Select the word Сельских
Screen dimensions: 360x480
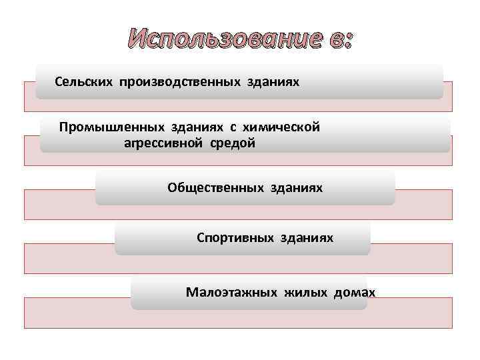pos(85,81)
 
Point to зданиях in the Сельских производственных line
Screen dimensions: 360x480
pos(273,81)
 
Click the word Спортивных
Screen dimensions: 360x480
pos(231,237)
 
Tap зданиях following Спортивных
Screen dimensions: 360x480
pos(307,237)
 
